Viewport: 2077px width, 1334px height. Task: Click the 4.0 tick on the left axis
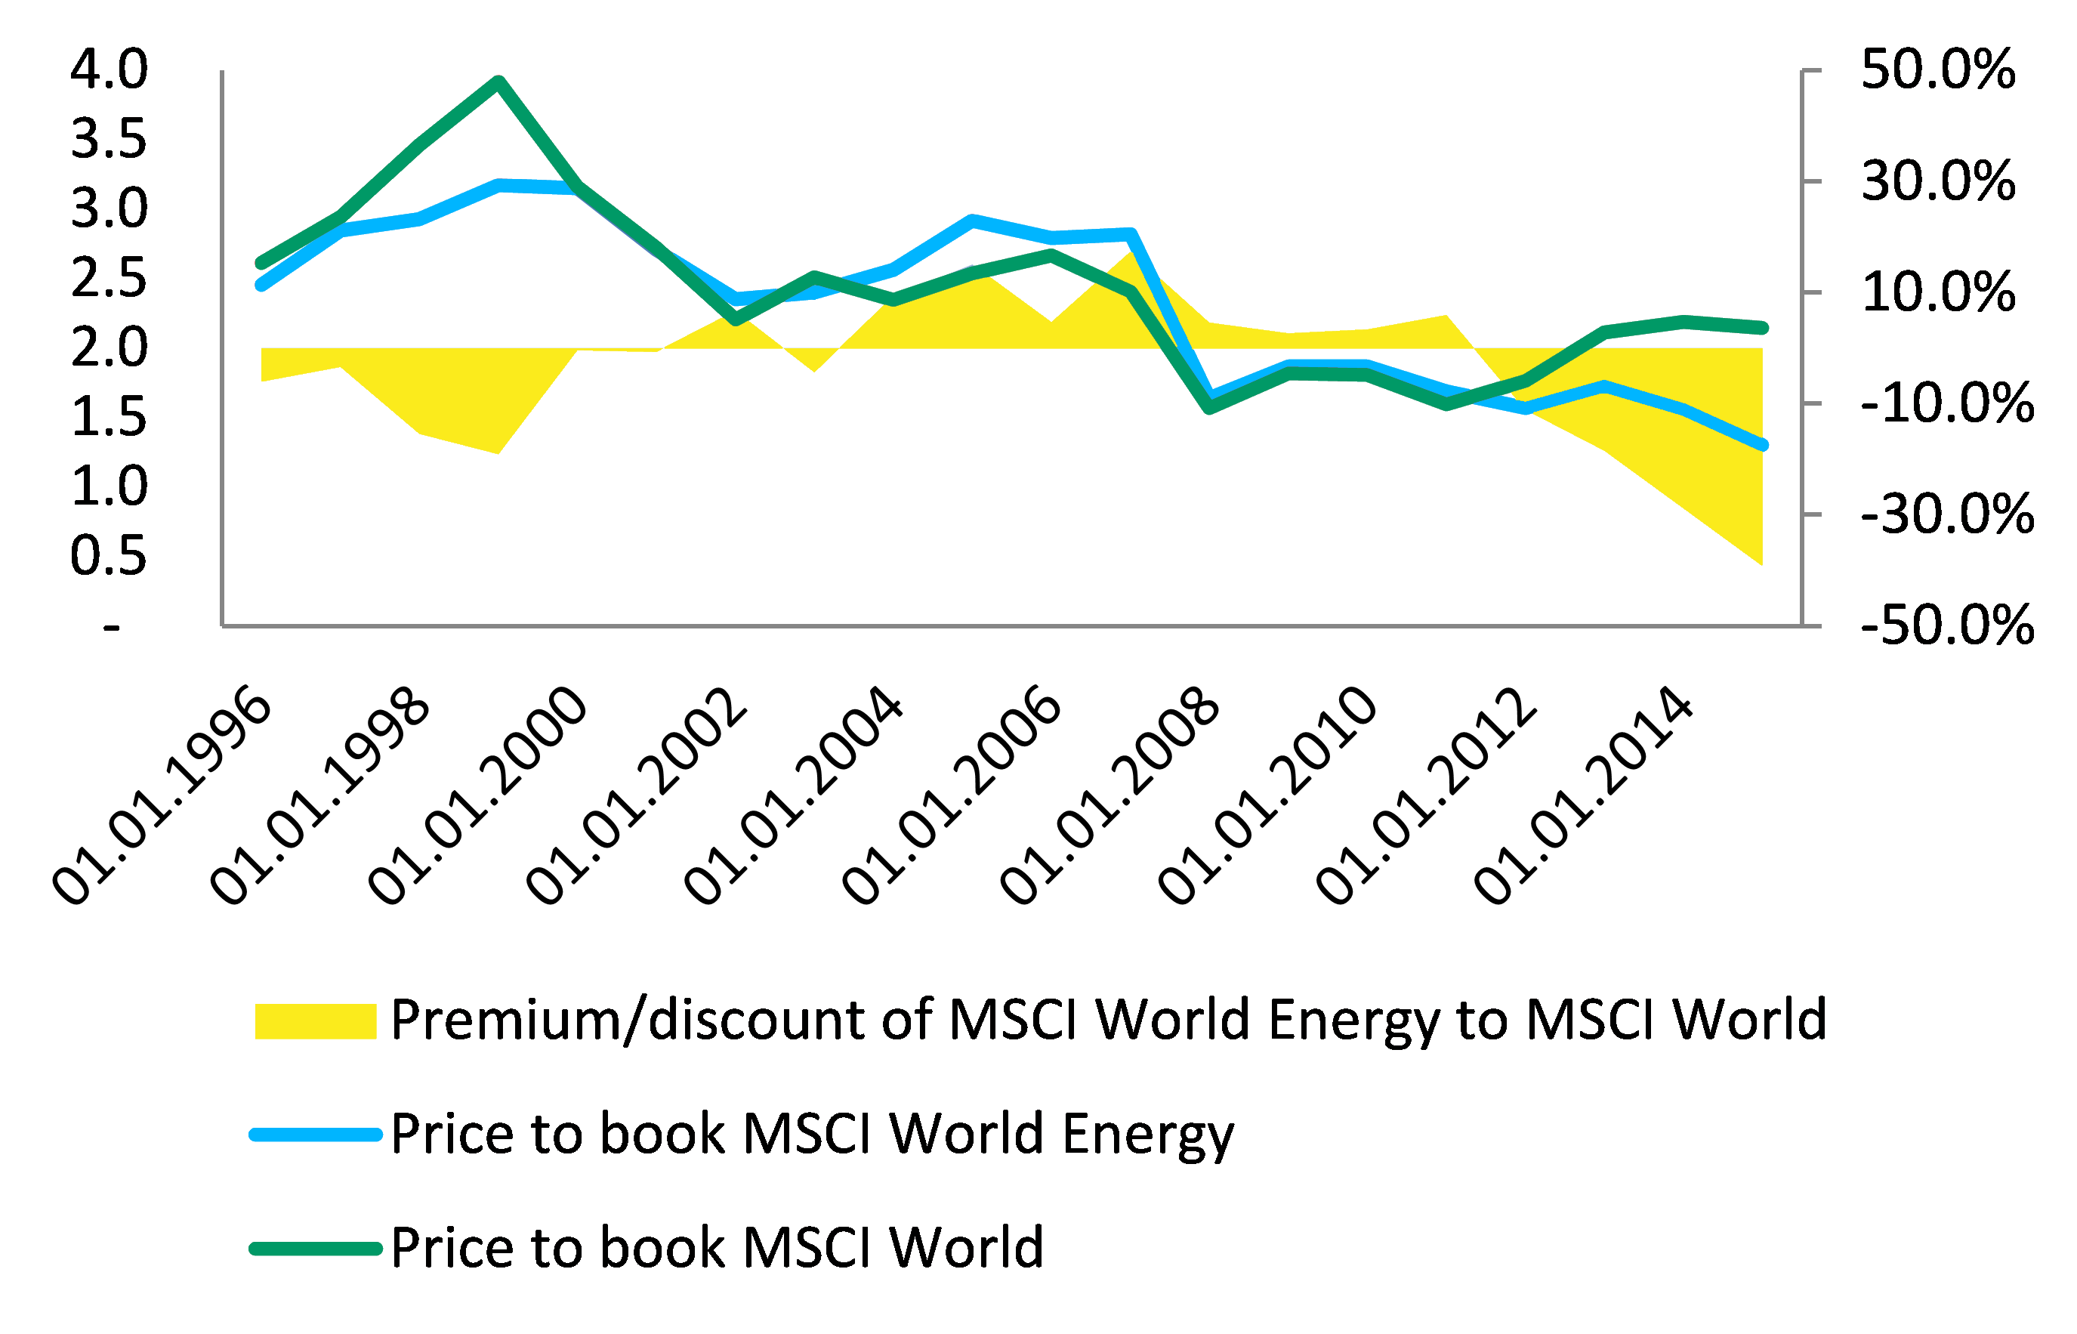click(109, 69)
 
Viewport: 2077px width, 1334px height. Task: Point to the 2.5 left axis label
click(109, 278)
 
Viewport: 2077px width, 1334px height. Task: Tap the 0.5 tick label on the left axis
click(109, 555)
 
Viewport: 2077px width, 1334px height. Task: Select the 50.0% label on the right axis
click(1937, 69)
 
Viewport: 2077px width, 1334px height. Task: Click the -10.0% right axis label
click(1947, 403)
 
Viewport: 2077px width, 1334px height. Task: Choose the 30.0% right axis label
click(1937, 181)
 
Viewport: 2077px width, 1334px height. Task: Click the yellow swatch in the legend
click(315, 1021)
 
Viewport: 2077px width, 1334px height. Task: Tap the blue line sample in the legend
click(315, 1135)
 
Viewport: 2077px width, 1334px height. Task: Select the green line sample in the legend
click(315, 1248)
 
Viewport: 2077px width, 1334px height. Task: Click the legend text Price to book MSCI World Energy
click(812, 1135)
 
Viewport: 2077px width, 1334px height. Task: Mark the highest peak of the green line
click(498, 82)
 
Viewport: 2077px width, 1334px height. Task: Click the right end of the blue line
click(1763, 445)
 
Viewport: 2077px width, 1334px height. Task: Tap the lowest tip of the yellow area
click(1761, 563)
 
